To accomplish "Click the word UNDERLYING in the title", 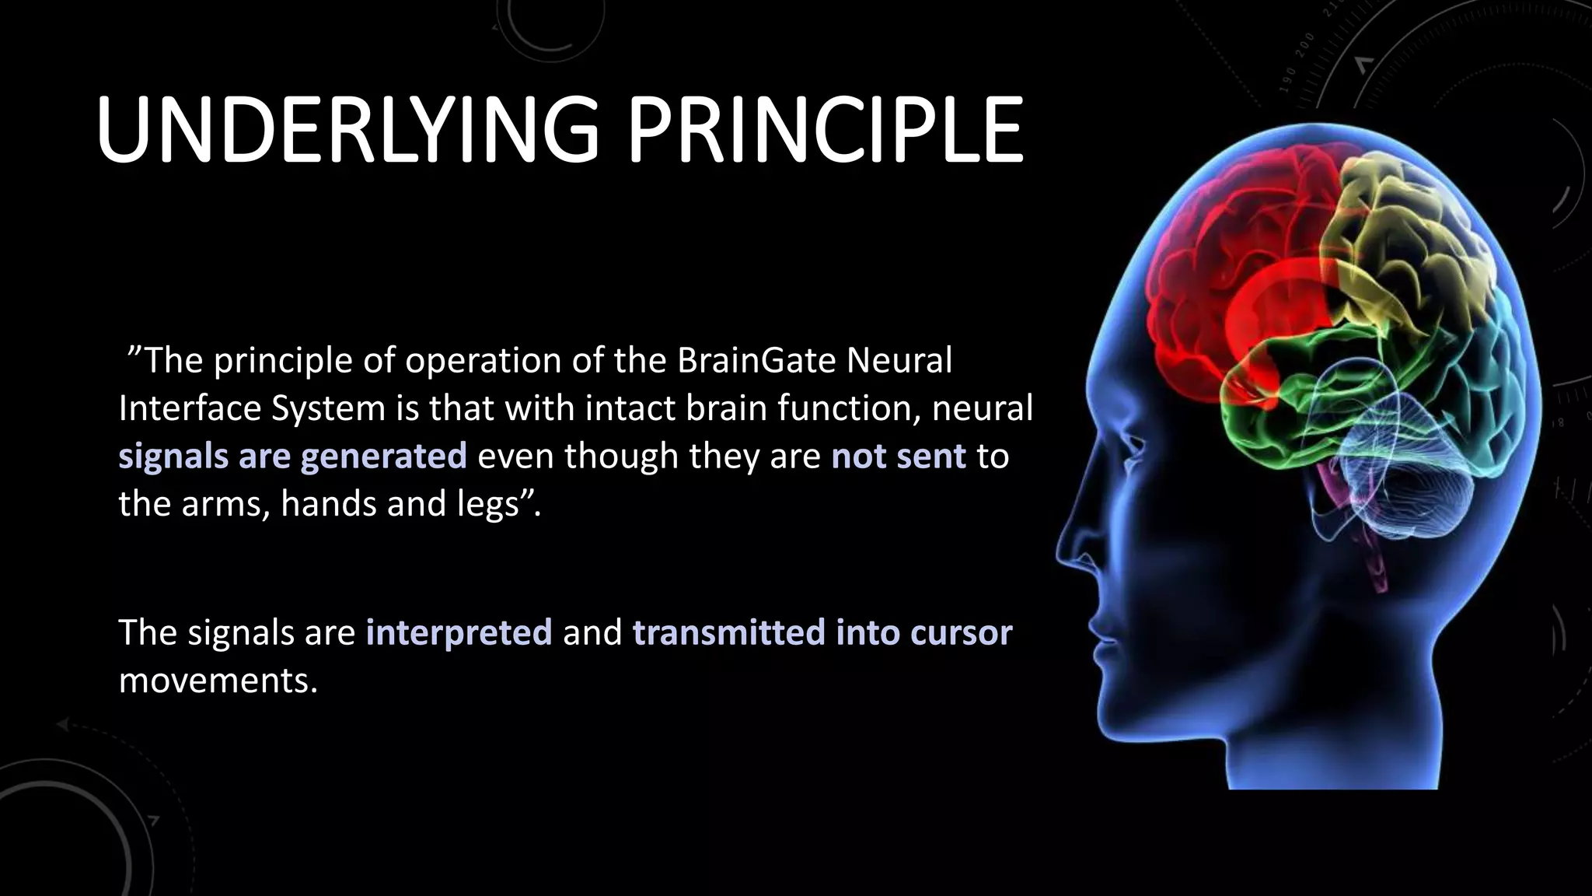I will tap(347, 130).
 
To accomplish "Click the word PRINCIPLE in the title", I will tap(825, 130).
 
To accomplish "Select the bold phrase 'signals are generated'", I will tap(292, 456).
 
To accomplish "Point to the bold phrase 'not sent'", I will tap(899, 456).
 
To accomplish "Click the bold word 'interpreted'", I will tap(459, 632).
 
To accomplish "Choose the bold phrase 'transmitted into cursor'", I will tap(822, 632).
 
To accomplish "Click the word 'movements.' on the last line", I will tap(218, 680).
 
